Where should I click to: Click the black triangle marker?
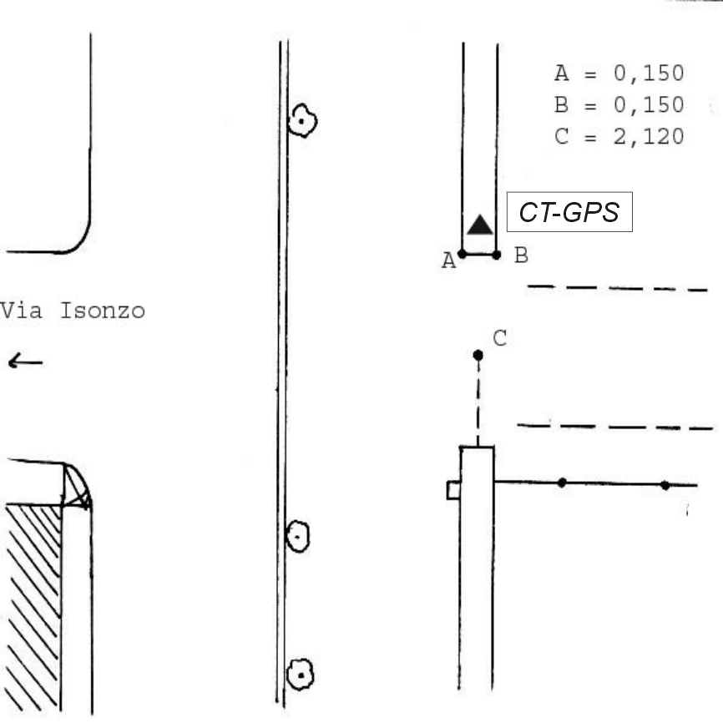[480, 225]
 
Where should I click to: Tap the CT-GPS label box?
[569, 212]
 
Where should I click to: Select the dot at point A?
[462, 254]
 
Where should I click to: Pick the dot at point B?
[496, 255]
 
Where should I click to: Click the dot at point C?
[478, 355]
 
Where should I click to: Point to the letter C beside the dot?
[500, 338]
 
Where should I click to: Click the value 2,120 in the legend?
[649, 136]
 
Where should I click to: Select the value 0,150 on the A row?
[649, 73]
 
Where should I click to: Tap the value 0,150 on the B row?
[649, 104]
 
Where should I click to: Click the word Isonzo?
[103, 311]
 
